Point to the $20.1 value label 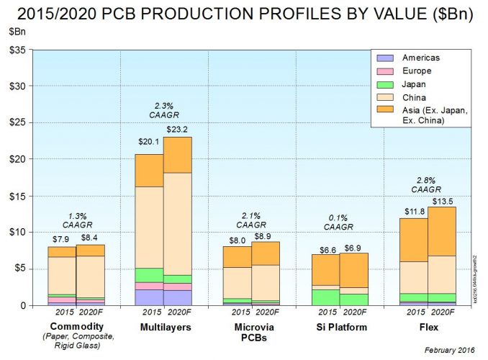pos(149,141)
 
